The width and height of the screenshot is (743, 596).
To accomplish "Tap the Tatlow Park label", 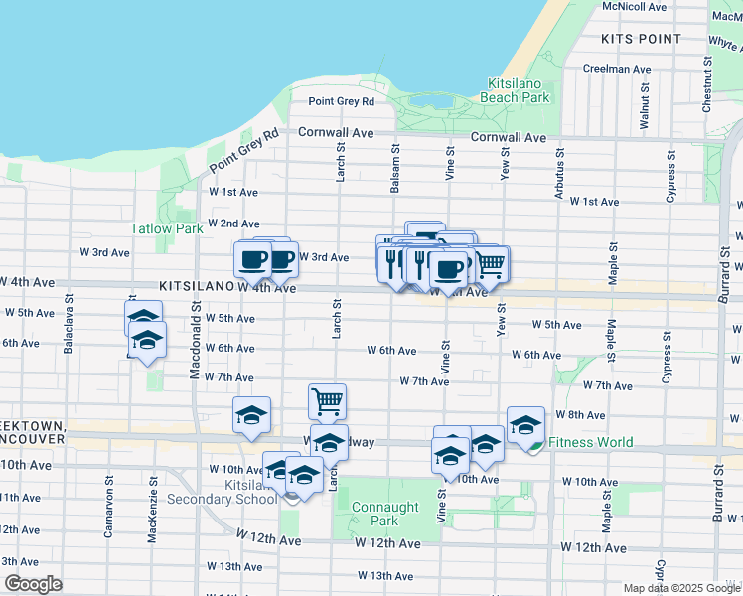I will click(167, 227).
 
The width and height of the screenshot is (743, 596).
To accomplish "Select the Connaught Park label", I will click(375, 514).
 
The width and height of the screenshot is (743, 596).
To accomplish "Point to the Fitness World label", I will click(590, 442).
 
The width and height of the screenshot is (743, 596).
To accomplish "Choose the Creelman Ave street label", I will click(617, 69).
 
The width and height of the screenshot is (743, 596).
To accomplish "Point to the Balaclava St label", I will click(69, 316).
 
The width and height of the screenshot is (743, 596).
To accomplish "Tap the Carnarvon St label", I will click(108, 513).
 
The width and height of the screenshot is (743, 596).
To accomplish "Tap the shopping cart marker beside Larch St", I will click(327, 401).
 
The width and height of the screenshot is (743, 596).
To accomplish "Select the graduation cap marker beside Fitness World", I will click(525, 424).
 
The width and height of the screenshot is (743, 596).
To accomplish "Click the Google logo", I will click(33, 584).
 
